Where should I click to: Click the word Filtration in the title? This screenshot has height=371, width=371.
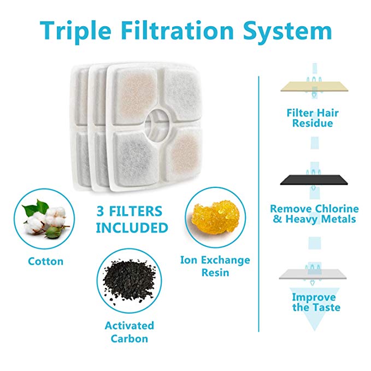(179, 31)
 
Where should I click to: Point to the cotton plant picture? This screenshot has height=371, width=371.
(45, 219)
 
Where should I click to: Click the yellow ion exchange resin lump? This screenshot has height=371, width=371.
(215, 217)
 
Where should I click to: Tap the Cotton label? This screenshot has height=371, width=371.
(46, 262)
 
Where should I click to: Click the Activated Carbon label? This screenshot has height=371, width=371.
(129, 332)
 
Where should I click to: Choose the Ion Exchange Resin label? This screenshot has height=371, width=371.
(215, 266)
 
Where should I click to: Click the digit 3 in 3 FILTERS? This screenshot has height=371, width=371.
(101, 211)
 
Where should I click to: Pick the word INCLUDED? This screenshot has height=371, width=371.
(132, 228)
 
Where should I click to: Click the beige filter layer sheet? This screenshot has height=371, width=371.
(314, 86)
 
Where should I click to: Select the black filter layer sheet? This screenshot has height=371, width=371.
(314, 180)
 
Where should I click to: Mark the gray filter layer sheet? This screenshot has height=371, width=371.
(313, 274)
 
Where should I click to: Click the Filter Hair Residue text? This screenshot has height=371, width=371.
(313, 118)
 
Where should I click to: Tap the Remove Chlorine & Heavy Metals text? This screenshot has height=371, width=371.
(315, 214)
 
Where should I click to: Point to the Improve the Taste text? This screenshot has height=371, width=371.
(316, 302)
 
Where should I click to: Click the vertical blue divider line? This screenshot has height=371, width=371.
(259, 204)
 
